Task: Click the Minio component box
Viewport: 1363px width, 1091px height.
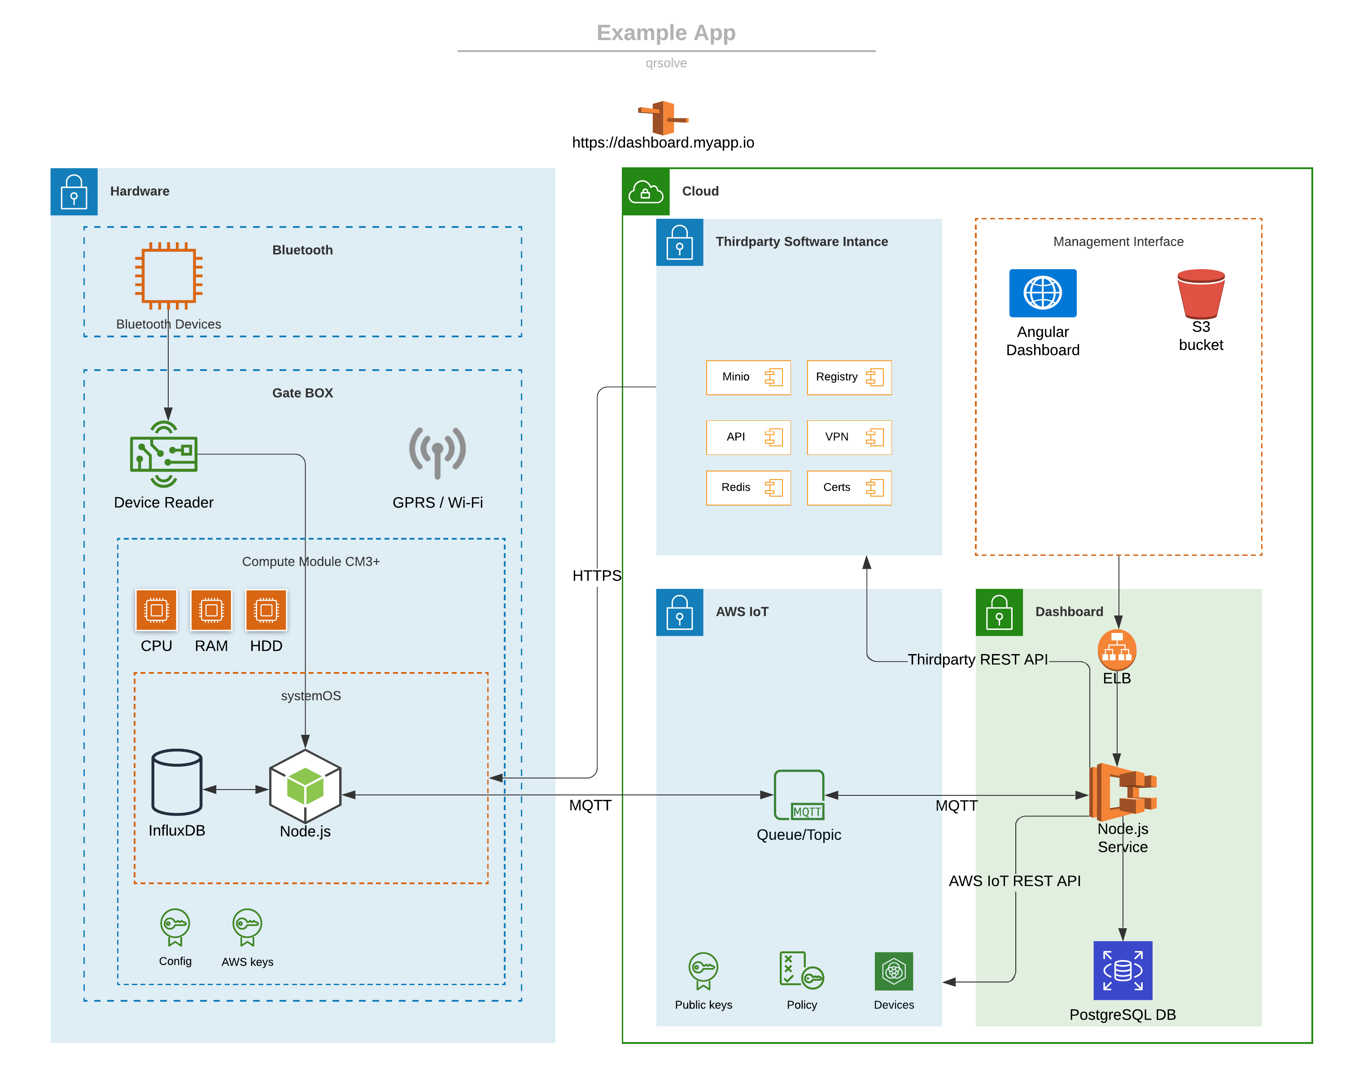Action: (748, 377)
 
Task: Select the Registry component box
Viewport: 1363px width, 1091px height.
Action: (849, 377)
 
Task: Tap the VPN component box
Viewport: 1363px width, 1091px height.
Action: (849, 437)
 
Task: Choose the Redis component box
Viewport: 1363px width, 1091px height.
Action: (748, 487)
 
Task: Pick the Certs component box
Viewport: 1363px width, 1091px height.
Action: (849, 487)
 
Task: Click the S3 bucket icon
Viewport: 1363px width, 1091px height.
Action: (1201, 293)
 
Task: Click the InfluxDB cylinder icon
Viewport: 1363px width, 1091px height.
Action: (177, 782)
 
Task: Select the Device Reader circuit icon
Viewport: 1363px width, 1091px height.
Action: (164, 454)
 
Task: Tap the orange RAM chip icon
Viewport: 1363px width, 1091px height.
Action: (211, 610)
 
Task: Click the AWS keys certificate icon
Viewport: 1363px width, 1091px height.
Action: (247, 927)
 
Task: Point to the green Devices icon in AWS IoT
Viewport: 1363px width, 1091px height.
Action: (893, 971)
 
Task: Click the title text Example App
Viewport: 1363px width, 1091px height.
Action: (666, 33)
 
